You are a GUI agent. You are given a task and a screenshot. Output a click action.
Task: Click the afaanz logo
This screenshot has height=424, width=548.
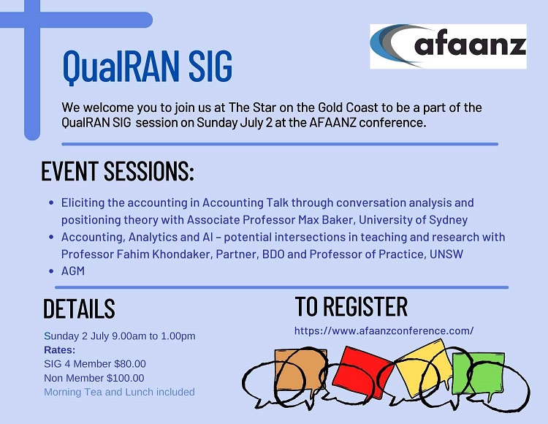pos(448,46)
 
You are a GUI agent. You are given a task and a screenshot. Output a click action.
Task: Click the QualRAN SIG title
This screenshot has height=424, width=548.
pos(147,67)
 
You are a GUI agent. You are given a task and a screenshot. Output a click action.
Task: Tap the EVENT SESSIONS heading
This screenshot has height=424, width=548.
pos(118,171)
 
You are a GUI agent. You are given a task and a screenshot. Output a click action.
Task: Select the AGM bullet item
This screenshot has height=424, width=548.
pos(73,271)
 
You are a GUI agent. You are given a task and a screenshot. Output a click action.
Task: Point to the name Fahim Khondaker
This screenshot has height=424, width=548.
pos(164,254)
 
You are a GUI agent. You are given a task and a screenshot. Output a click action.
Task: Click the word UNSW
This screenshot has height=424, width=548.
pos(446,254)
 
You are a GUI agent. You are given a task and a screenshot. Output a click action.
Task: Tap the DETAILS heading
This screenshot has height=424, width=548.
pos(79,308)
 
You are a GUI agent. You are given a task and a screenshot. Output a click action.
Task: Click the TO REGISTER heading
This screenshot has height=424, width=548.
pos(351,306)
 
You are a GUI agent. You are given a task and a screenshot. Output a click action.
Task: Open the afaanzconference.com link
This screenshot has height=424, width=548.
pos(384,330)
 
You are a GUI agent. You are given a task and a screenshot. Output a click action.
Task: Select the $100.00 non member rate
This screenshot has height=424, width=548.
pos(126,378)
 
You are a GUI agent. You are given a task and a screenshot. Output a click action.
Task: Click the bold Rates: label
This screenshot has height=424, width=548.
pos(60,350)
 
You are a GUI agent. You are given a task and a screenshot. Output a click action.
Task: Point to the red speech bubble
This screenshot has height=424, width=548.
pos(362,372)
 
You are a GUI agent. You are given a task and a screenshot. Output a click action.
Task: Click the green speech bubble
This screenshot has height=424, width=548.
pos(478,374)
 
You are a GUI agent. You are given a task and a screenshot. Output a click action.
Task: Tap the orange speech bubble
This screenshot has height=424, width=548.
pos(300,370)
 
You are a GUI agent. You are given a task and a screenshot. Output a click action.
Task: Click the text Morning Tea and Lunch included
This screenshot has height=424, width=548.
pos(119,392)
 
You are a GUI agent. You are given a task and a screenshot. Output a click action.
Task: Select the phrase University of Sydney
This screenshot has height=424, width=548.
pos(413,220)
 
